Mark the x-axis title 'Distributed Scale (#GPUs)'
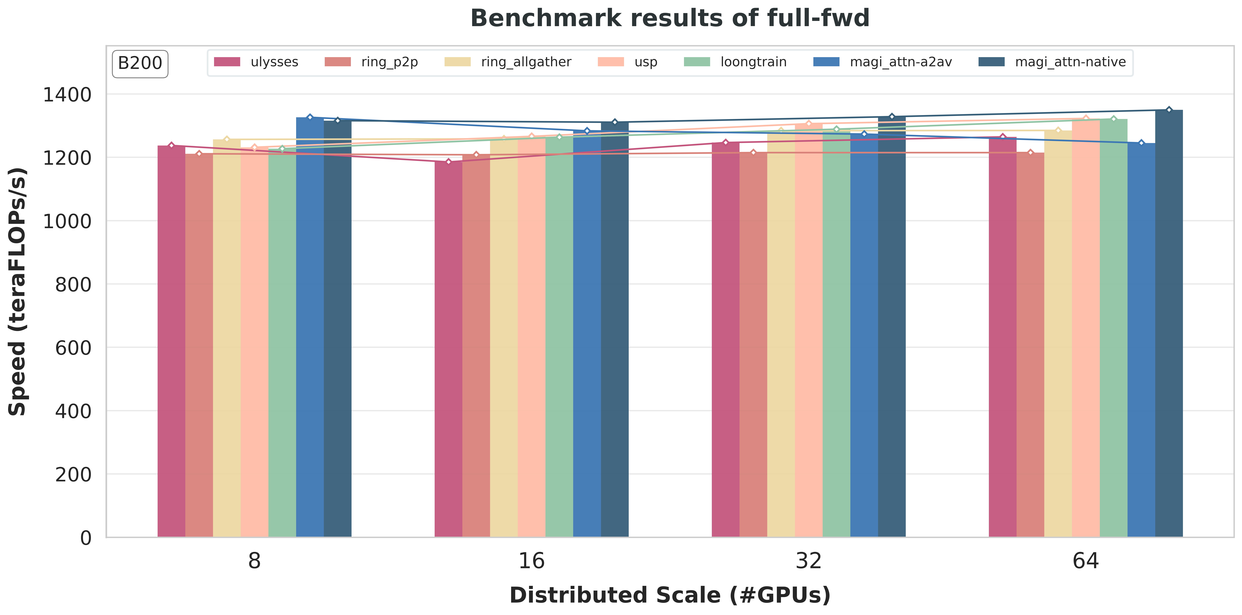coord(670,595)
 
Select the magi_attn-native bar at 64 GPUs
coord(1169,323)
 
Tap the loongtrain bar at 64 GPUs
coord(1113,328)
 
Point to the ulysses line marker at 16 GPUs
coord(448,162)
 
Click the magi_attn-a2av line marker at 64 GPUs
coord(1141,143)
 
